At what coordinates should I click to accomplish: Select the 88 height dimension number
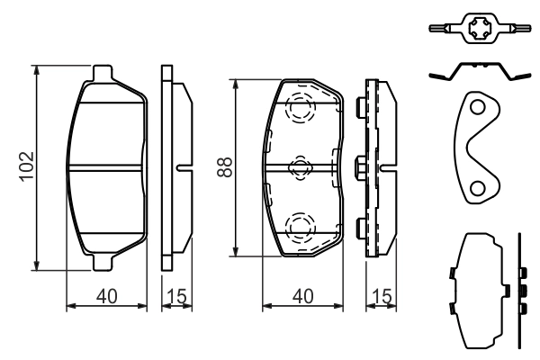[225, 166]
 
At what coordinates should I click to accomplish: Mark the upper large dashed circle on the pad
[299, 110]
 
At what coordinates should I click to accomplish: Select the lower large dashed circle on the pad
[299, 225]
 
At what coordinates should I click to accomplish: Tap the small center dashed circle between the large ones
[300, 166]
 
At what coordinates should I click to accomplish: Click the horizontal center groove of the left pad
[107, 166]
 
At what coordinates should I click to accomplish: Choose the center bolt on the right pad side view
[362, 166]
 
